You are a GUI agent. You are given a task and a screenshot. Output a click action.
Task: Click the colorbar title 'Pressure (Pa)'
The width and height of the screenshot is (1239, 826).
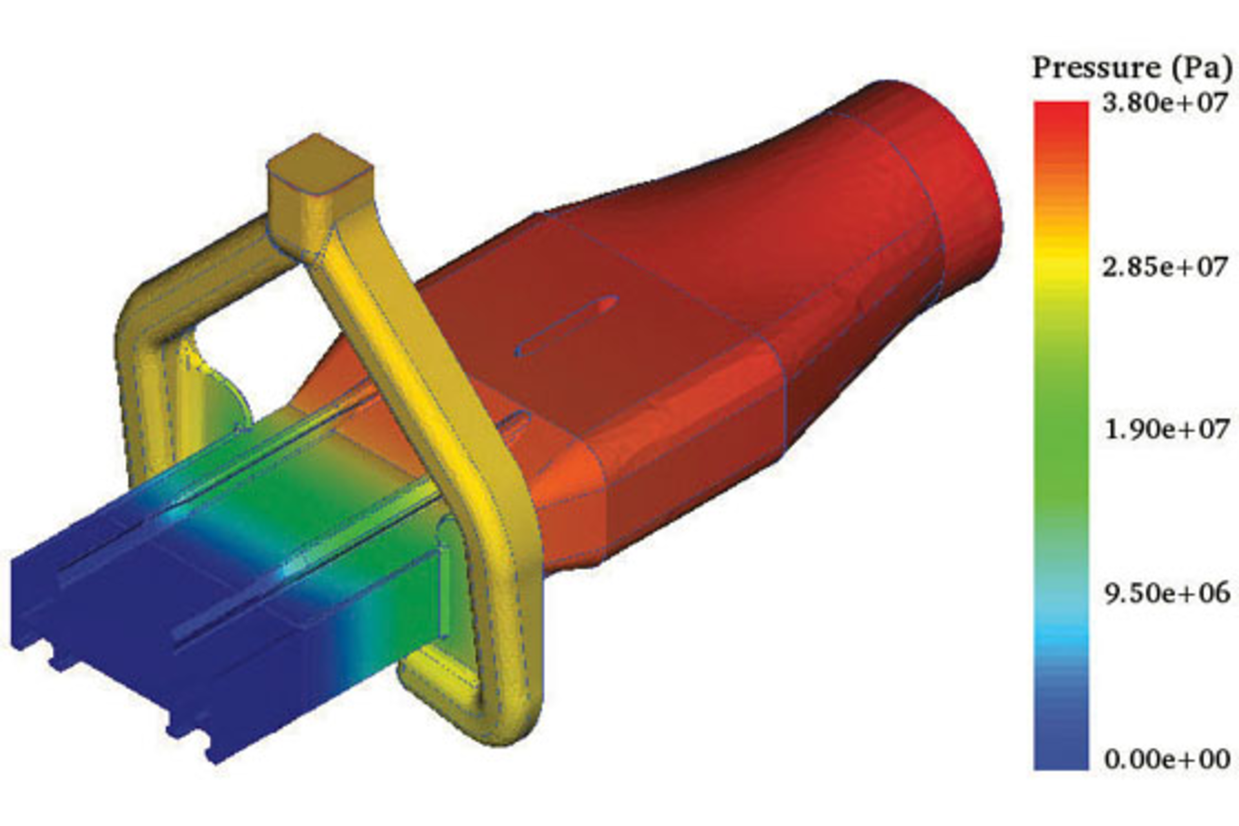point(1132,68)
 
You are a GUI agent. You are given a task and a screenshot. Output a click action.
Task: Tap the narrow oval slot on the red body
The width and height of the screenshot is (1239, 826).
point(567,326)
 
